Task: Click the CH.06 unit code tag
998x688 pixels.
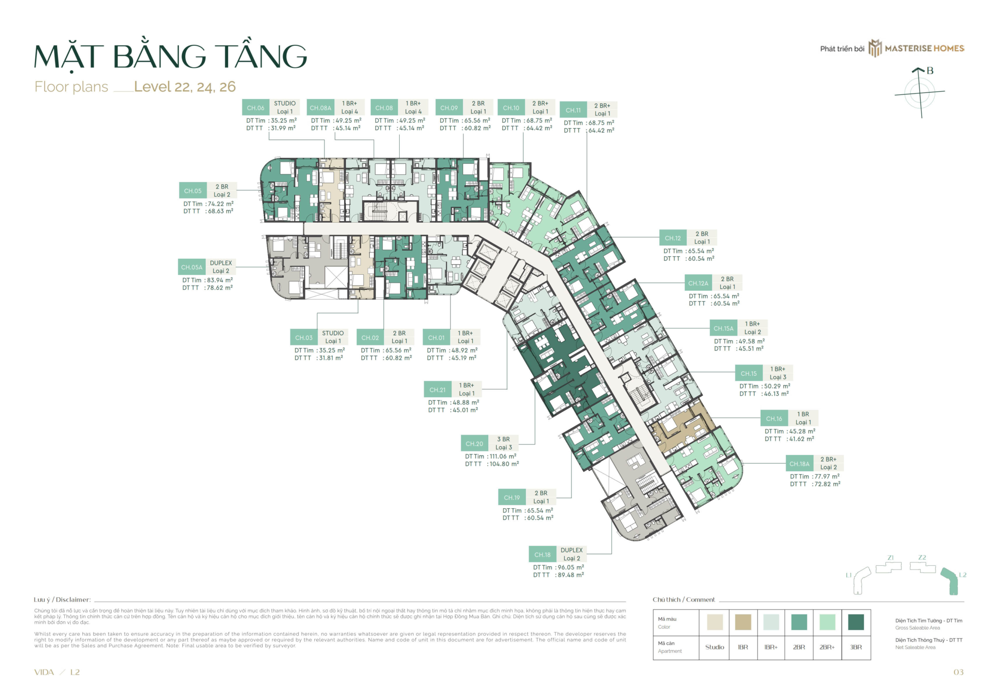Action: (255, 108)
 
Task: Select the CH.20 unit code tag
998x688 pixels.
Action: (474, 443)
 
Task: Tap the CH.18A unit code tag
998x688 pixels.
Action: (799, 464)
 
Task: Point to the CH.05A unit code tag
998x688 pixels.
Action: (192, 267)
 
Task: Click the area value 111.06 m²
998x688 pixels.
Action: (502, 457)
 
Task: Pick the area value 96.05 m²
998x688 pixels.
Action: (570, 567)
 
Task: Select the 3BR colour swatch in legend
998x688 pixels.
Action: (856, 622)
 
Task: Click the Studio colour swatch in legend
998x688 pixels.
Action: (714, 622)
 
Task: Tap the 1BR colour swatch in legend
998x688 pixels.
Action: (743, 622)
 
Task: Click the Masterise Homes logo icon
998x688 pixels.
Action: (875, 48)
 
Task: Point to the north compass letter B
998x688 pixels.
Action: (930, 71)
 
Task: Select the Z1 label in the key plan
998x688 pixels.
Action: (890, 557)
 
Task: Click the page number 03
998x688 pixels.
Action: (958, 672)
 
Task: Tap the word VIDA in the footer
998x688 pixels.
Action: (44, 672)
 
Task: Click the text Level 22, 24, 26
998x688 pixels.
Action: (185, 87)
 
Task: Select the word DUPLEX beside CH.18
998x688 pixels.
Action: (571, 550)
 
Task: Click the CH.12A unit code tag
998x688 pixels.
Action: (698, 283)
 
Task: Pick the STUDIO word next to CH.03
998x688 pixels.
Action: (332, 333)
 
